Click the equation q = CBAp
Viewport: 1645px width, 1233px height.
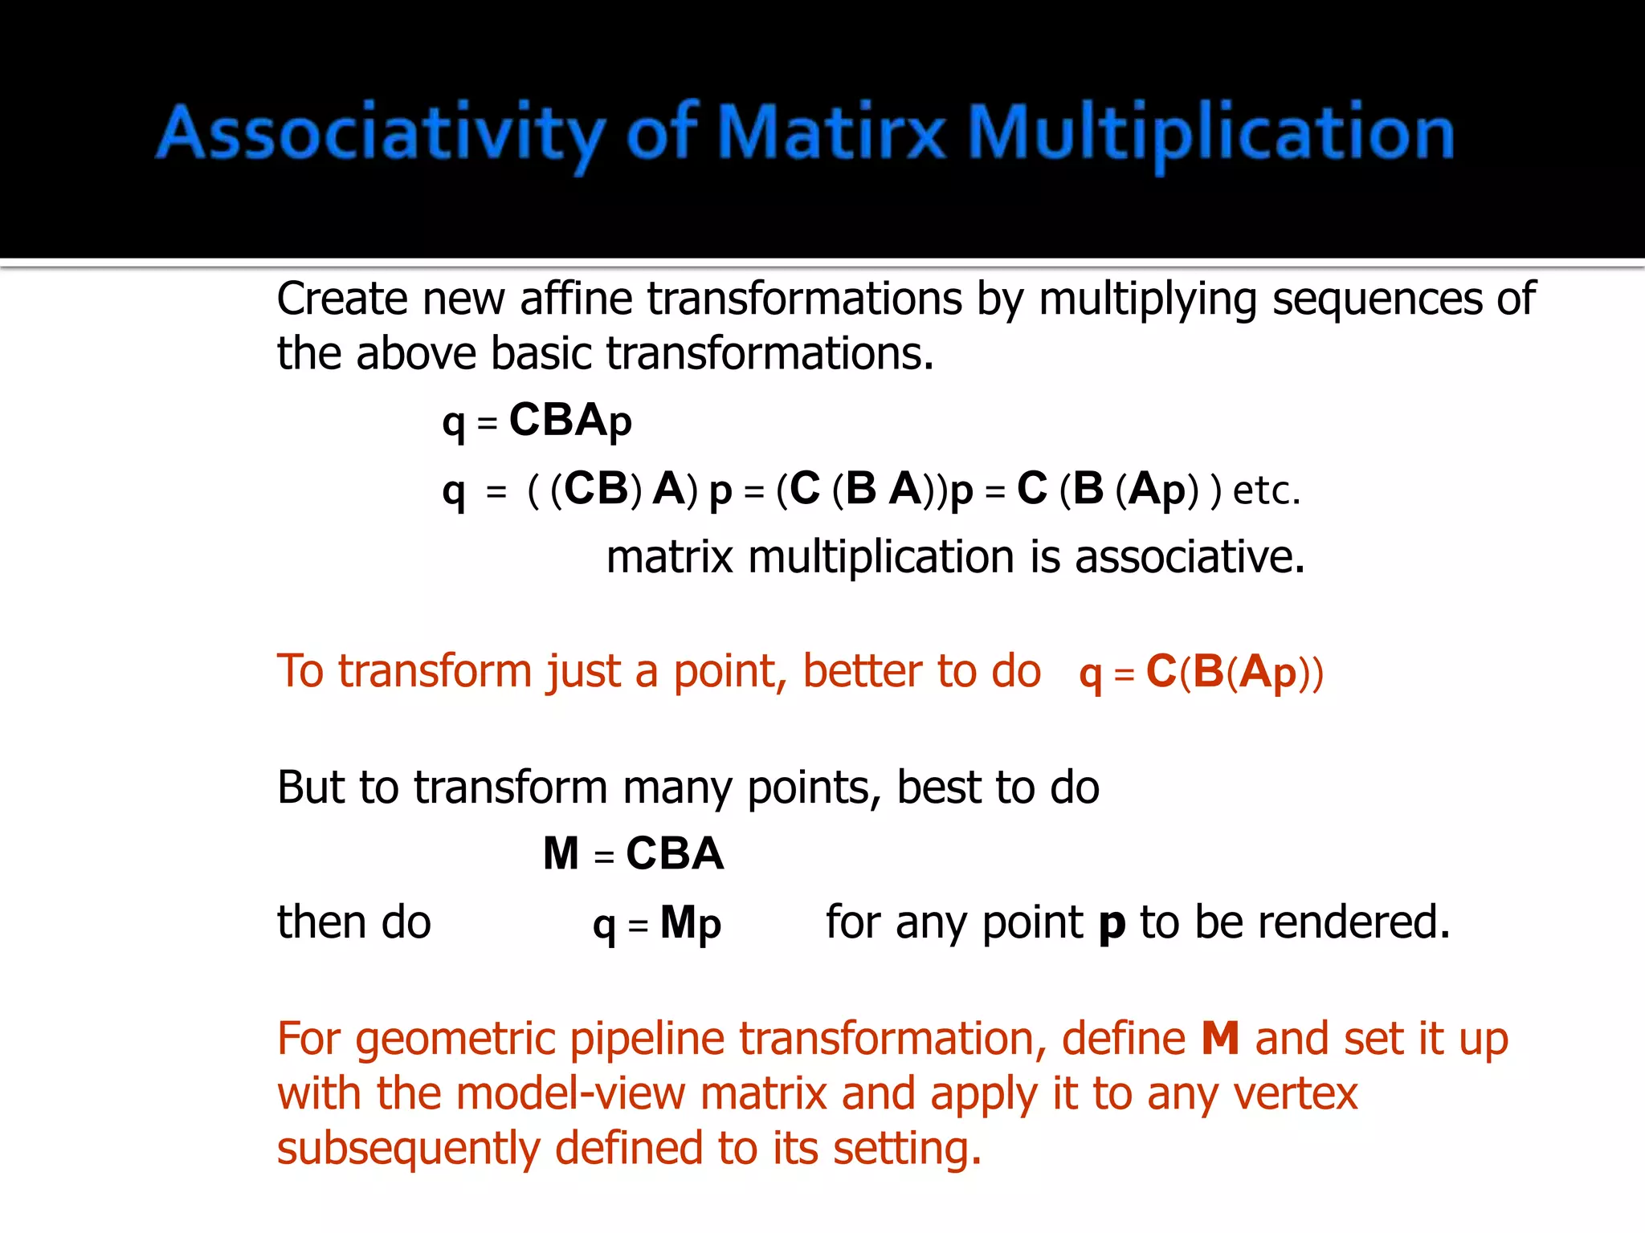tap(537, 421)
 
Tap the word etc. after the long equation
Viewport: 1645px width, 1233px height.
tap(1266, 490)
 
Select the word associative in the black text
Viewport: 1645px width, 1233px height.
tap(1190, 558)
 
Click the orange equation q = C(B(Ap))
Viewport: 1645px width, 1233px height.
tap(1201, 673)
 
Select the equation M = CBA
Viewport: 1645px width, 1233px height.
tap(633, 853)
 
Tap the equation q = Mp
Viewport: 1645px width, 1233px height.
tap(656, 923)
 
